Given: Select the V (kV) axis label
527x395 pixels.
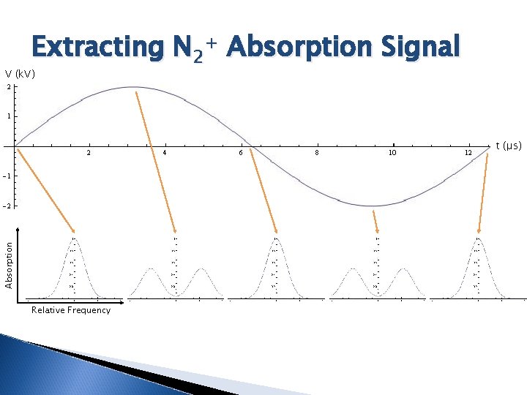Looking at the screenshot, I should (x=20, y=74).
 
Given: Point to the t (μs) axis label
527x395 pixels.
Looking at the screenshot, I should (x=509, y=146).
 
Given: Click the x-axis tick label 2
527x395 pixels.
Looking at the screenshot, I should (x=89, y=153).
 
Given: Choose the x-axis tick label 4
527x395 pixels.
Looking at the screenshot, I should (x=165, y=153).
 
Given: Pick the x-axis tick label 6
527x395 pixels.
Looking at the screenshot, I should (x=241, y=153).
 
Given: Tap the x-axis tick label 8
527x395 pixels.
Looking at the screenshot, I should (x=316, y=153).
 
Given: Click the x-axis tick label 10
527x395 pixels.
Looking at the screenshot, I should (x=392, y=153).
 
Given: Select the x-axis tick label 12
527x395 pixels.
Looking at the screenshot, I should (x=468, y=153).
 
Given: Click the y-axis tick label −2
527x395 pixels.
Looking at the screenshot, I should (x=7, y=206).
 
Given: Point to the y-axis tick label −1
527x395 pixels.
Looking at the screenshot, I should (x=7, y=176).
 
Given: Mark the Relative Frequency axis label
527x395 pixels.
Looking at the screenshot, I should (x=71, y=310).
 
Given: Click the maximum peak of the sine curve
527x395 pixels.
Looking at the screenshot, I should (x=133, y=87).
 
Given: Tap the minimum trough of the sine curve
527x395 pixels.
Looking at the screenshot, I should (x=373, y=206).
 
